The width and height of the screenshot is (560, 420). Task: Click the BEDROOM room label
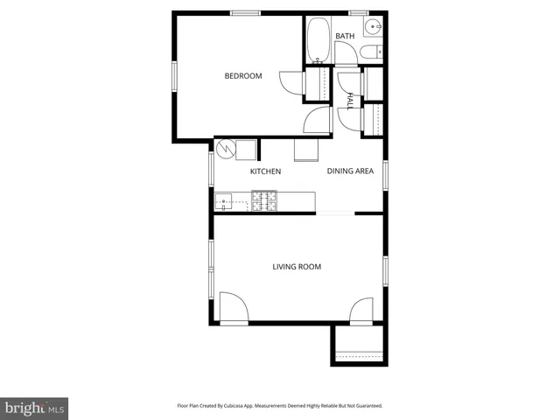pos(243,76)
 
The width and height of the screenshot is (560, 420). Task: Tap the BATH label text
pos(345,36)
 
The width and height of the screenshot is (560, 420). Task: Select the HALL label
pos(350,101)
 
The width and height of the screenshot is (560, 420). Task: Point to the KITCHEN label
pos(265,171)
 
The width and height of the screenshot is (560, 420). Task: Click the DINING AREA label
pos(350,171)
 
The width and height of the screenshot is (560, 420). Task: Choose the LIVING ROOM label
pos(297,267)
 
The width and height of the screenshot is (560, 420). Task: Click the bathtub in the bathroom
pos(318,39)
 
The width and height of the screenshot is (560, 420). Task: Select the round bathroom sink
pos(374,24)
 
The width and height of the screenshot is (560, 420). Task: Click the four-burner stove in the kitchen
pos(264,202)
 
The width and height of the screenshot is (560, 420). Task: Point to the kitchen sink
pos(230,203)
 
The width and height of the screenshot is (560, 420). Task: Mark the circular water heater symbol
pos(227,149)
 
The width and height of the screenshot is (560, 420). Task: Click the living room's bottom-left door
pos(234,309)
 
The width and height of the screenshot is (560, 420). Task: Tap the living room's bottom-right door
pos(361,311)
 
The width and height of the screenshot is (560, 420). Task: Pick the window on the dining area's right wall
pos(384,173)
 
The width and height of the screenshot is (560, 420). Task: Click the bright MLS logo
pos(34,408)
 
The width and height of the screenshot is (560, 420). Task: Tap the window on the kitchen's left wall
pos(211,169)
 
